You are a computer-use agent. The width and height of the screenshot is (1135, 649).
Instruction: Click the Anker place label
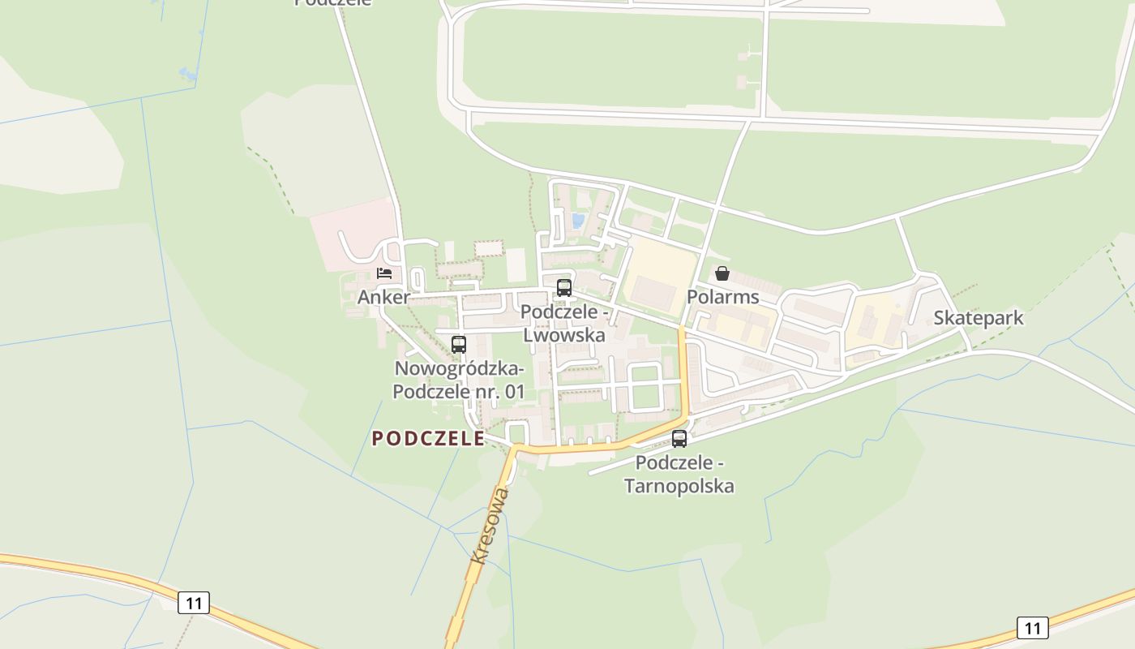click(383, 297)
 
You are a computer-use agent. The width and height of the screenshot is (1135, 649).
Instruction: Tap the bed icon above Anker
click(384, 273)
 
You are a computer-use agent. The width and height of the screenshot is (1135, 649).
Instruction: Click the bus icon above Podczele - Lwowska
click(564, 287)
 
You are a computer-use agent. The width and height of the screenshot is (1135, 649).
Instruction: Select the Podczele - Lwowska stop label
click(564, 323)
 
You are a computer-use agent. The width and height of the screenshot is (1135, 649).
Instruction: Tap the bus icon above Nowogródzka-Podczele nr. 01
click(459, 344)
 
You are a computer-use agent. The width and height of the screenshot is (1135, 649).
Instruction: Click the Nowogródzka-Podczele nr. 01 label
click(459, 380)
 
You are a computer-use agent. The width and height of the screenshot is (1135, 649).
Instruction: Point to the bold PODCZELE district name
click(428, 439)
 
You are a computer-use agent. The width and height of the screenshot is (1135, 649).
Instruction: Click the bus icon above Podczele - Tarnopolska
click(679, 439)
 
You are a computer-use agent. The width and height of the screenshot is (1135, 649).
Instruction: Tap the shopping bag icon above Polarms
click(722, 273)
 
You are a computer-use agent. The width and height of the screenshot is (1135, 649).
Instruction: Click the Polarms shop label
click(723, 297)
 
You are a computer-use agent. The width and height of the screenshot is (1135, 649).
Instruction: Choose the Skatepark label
click(979, 318)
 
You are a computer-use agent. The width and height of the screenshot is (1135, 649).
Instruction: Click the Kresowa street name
click(490, 526)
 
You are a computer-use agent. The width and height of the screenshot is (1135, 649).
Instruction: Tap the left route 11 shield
click(194, 603)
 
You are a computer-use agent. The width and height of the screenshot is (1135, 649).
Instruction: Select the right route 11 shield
click(1032, 627)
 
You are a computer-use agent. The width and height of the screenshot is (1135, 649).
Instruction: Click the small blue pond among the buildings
click(578, 220)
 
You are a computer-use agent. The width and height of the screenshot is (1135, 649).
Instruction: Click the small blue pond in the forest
click(188, 75)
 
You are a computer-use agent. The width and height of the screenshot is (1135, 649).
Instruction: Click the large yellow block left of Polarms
click(658, 278)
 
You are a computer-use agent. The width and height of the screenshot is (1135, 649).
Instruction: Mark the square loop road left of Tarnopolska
click(646, 387)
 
